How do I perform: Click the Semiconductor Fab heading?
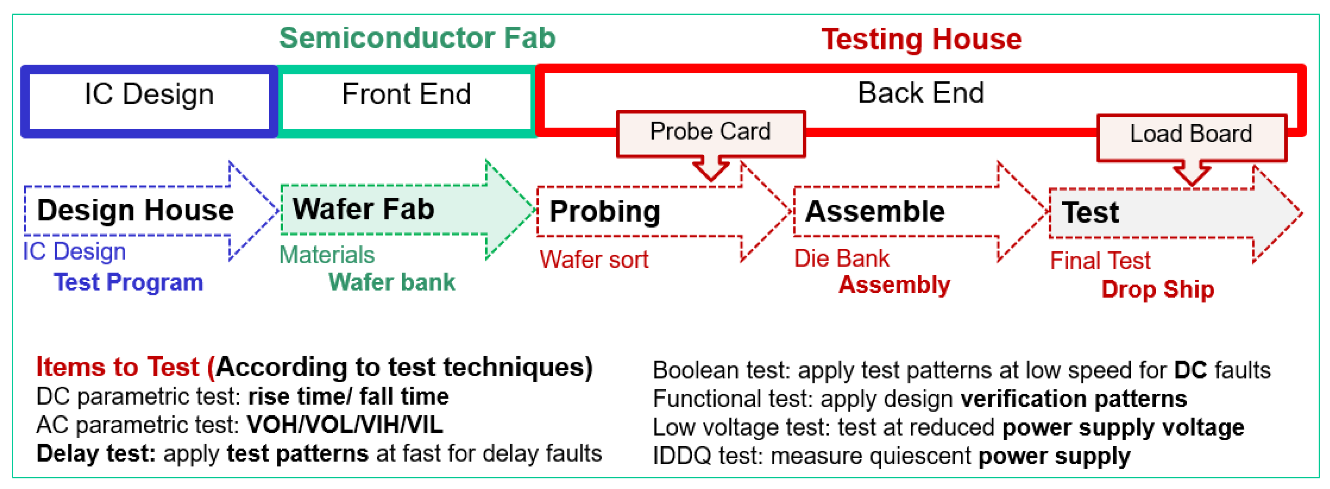417,38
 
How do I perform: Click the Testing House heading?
921,39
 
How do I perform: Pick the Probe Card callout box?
710,132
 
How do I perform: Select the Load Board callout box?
1191,135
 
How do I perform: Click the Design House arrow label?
135,211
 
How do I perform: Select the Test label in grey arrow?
1090,213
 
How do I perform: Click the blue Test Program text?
128,283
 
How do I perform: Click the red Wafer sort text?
594,260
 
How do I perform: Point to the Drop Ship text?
1157,290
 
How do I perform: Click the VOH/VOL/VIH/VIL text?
345,425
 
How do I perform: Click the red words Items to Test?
117,367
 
